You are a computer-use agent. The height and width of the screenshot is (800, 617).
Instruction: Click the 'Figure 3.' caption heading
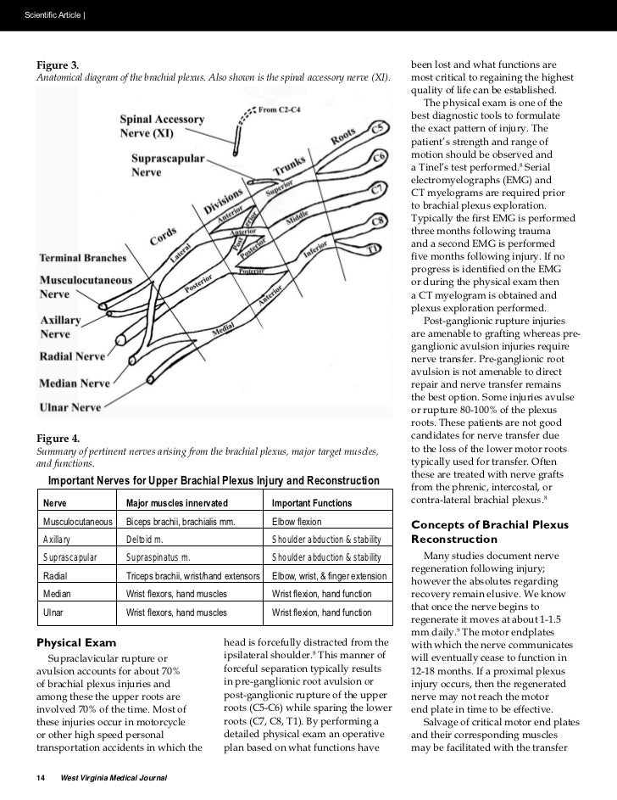click(58, 65)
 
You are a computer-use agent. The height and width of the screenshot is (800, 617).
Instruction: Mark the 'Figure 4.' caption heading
click(58, 438)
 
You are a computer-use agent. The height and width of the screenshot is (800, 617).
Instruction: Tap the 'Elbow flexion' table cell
click(297, 521)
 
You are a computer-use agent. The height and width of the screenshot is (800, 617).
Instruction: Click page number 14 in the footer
click(40, 778)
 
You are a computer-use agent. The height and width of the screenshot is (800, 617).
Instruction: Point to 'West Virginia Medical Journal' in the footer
click(113, 778)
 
